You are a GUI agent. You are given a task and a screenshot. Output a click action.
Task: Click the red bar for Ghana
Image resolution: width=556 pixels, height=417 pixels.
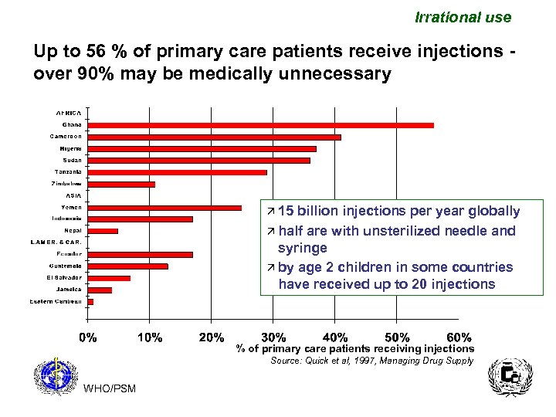tap(261, 125)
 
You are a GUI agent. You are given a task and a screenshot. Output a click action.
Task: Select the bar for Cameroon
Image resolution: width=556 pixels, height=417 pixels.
tap(215, 137)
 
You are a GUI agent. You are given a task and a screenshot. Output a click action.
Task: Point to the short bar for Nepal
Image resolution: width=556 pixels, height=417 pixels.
tap(103, 231)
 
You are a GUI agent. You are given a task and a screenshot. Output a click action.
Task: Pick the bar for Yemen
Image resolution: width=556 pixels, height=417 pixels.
tap(165, 207)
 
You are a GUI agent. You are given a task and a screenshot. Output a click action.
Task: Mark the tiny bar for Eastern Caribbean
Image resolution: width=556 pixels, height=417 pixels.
tap(91, 301)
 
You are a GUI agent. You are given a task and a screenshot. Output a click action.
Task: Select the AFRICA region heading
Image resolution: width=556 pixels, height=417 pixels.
tap(68, 113)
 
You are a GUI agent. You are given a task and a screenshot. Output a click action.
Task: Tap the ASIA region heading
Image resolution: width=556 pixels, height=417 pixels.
tap(73, 195)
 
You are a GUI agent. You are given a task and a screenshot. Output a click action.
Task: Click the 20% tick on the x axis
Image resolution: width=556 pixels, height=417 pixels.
tap(212, 337)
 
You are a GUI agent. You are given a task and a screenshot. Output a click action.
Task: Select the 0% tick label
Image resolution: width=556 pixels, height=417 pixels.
tap(89, 337)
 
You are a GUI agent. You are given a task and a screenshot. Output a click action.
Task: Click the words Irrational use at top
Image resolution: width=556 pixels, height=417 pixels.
tap(463, 17)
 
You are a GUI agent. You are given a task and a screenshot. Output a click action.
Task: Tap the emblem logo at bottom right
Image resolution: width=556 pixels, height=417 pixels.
tap(506, 379)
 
